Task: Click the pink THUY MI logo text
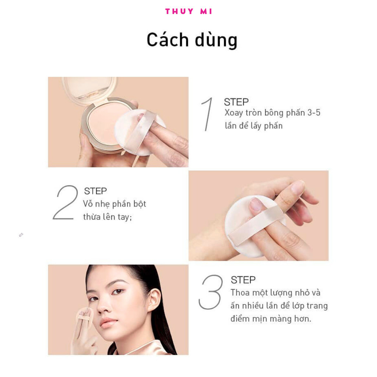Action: [x=188, y=11]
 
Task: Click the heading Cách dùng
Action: [x=192, y=40]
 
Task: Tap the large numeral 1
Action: [x=207, y=114]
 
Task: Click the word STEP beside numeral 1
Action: [x=236, y=102]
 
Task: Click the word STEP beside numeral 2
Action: [x=95, y=191]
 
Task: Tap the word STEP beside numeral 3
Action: [x=243, y=280]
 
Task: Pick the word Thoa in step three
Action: [x=240, y=292]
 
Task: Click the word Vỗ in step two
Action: [x=88, y=204]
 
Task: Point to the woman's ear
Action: [x=154, y=300]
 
